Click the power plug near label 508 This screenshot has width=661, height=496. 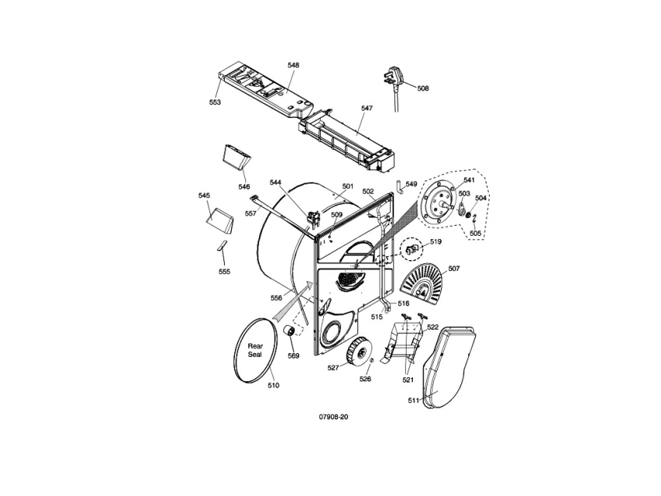392,78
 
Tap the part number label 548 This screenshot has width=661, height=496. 293,65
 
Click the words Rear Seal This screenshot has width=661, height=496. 254,350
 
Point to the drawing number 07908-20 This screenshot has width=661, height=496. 333,416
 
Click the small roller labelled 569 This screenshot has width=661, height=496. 290,330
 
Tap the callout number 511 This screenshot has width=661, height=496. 414,400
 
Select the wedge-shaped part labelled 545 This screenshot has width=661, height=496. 219,219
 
